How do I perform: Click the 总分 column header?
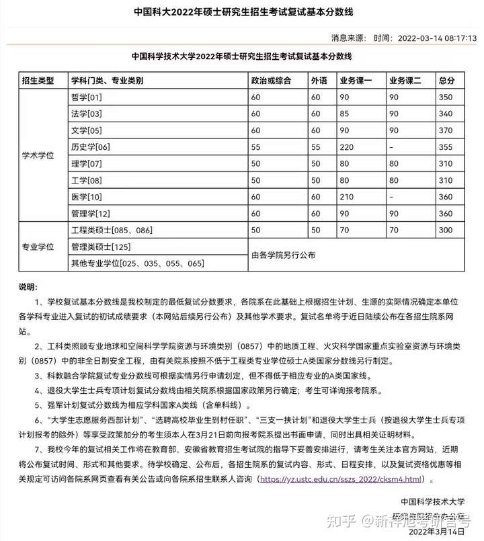pos(446,81)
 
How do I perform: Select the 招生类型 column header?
pos(38,81)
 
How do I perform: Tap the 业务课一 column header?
pos(356,81)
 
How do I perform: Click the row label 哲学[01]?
pos(86,97)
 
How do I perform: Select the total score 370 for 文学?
pos(446,130)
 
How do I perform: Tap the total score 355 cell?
pos(446,147)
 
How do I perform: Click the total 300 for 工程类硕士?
pos(446,230)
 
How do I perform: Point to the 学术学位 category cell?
pos(38,155)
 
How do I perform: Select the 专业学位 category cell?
pos(38,247)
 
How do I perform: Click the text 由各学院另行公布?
pos(283,255)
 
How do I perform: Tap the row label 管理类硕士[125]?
pos(100,247)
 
